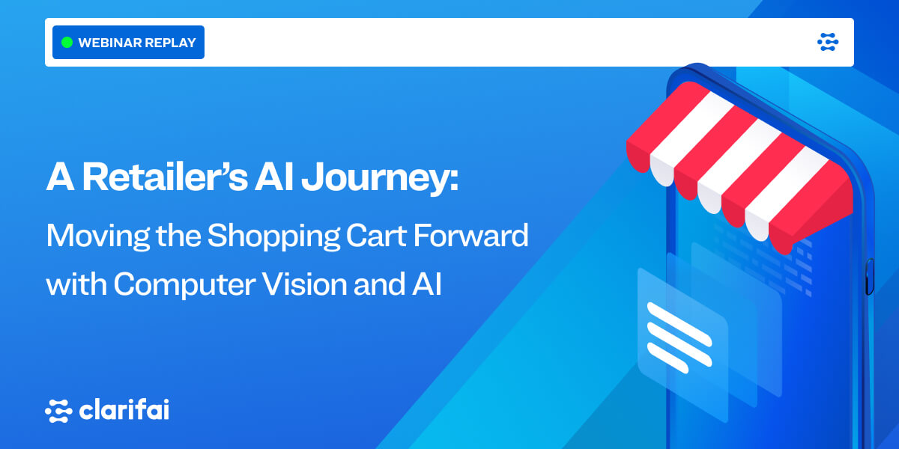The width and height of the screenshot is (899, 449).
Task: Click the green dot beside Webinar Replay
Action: point(67,42)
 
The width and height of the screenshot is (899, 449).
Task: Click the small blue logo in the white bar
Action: point(828,42)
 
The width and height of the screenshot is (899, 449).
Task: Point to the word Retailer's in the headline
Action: point(165,177)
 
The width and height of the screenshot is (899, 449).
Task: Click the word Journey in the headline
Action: point(375,179)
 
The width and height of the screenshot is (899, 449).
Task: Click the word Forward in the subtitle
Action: point(470,235)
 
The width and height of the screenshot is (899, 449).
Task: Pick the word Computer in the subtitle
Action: point(184,284)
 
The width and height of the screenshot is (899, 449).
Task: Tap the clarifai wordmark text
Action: point(124,410)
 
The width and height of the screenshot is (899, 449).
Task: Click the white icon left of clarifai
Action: point(58,411)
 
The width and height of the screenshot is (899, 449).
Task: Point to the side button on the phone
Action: point(870,277)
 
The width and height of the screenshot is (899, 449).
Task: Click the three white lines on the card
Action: point(679,337)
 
